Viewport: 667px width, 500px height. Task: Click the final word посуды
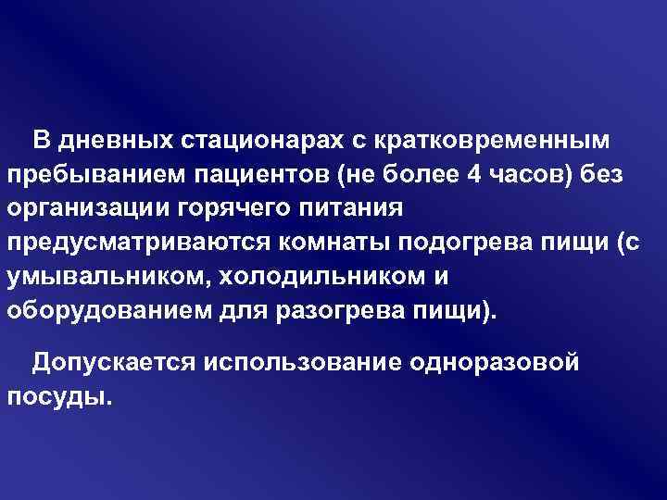tap(57, 395)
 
